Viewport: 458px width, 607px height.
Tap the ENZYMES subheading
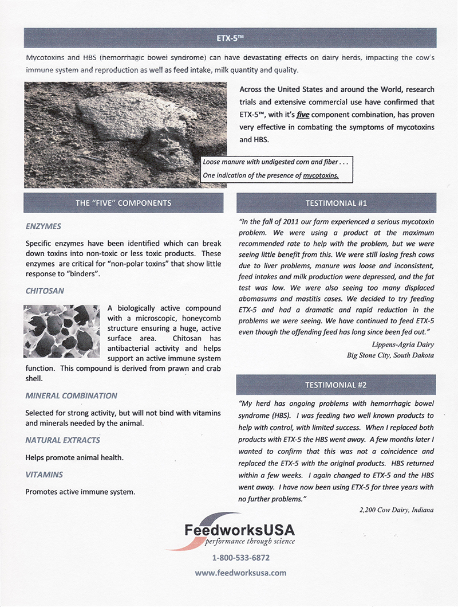[43, 226]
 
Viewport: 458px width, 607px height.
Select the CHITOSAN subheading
[45, 291]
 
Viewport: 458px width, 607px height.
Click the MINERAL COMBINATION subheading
[72, 395]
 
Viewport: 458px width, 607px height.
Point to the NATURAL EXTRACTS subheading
[62, 440]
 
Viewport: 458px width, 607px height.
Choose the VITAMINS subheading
[44, 475]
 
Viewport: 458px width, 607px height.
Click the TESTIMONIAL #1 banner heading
[336, 203]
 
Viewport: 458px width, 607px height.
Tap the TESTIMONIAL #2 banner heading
[336, 385]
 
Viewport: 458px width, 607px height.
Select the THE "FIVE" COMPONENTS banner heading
[123, 203]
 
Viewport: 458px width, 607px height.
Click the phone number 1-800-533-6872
[240, 557]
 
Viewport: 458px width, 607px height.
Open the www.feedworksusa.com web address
[240, 573]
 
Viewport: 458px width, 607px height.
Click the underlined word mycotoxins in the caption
[321, 175]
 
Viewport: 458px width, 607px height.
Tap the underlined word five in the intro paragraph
[295, 114]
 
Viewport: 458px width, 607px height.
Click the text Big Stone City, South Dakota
[390, 355]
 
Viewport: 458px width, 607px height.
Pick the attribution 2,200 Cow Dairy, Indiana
[396, 510]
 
